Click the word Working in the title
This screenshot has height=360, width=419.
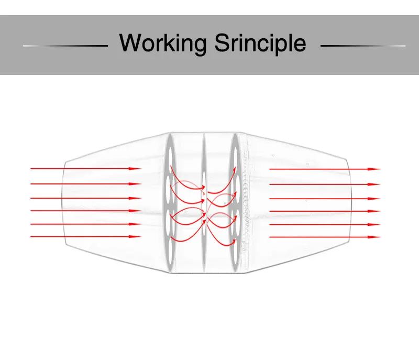[163, 43]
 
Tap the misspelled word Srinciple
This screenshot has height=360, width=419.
[260, 43]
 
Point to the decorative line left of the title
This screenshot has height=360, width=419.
[65, 46]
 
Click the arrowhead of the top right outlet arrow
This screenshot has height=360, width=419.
[375, 169]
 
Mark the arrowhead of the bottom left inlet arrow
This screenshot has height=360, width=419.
[137, 237]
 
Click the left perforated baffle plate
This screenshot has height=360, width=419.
[170, 202]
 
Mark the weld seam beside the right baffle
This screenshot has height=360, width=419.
[245, 202]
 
